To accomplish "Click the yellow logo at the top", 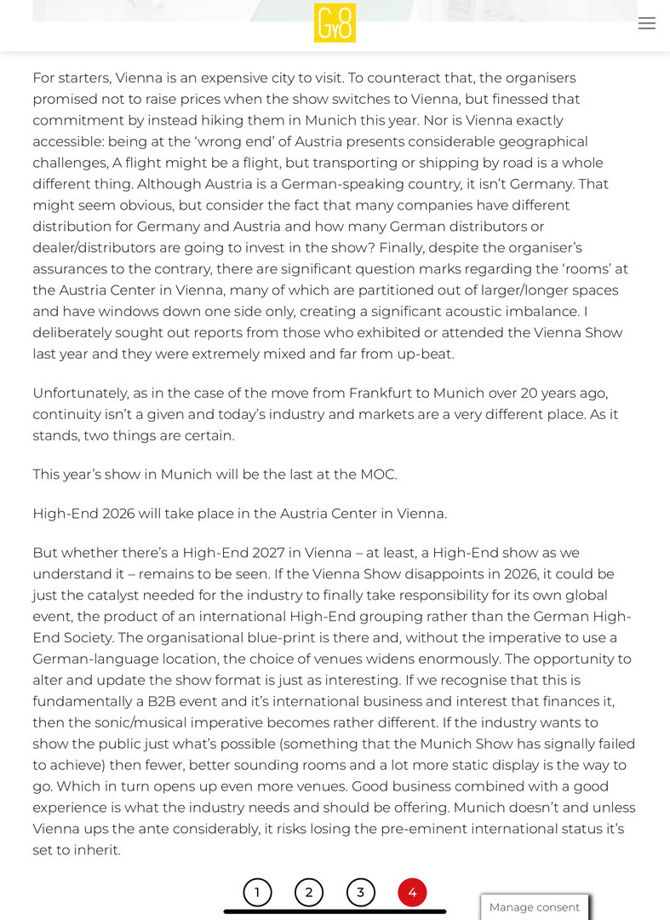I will tap(335, 23).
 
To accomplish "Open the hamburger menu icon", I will tap(647, 24).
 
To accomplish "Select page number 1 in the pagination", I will tap(257, 892).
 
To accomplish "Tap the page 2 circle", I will tap(309, 892).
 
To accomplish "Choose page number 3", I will tap(361, 892).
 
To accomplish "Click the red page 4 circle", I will tap(412, 892).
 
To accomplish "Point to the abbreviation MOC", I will tap(377, 474).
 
